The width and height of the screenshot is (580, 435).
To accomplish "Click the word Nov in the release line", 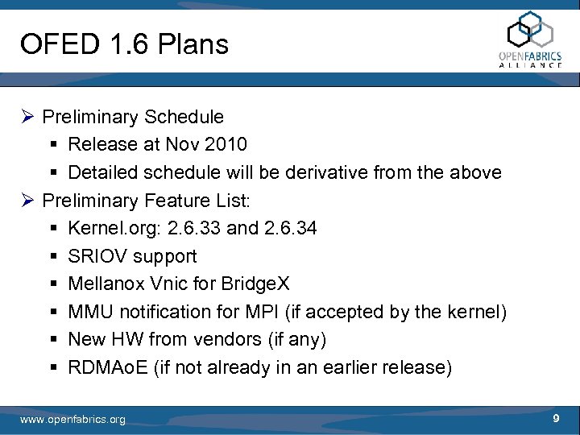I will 184,144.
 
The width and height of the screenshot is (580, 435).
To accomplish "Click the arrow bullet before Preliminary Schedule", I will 28,118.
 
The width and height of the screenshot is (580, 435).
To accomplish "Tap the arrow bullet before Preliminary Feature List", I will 28,201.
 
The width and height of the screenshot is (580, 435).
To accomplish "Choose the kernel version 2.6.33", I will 194,228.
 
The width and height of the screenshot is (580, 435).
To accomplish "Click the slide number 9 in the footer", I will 556,418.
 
